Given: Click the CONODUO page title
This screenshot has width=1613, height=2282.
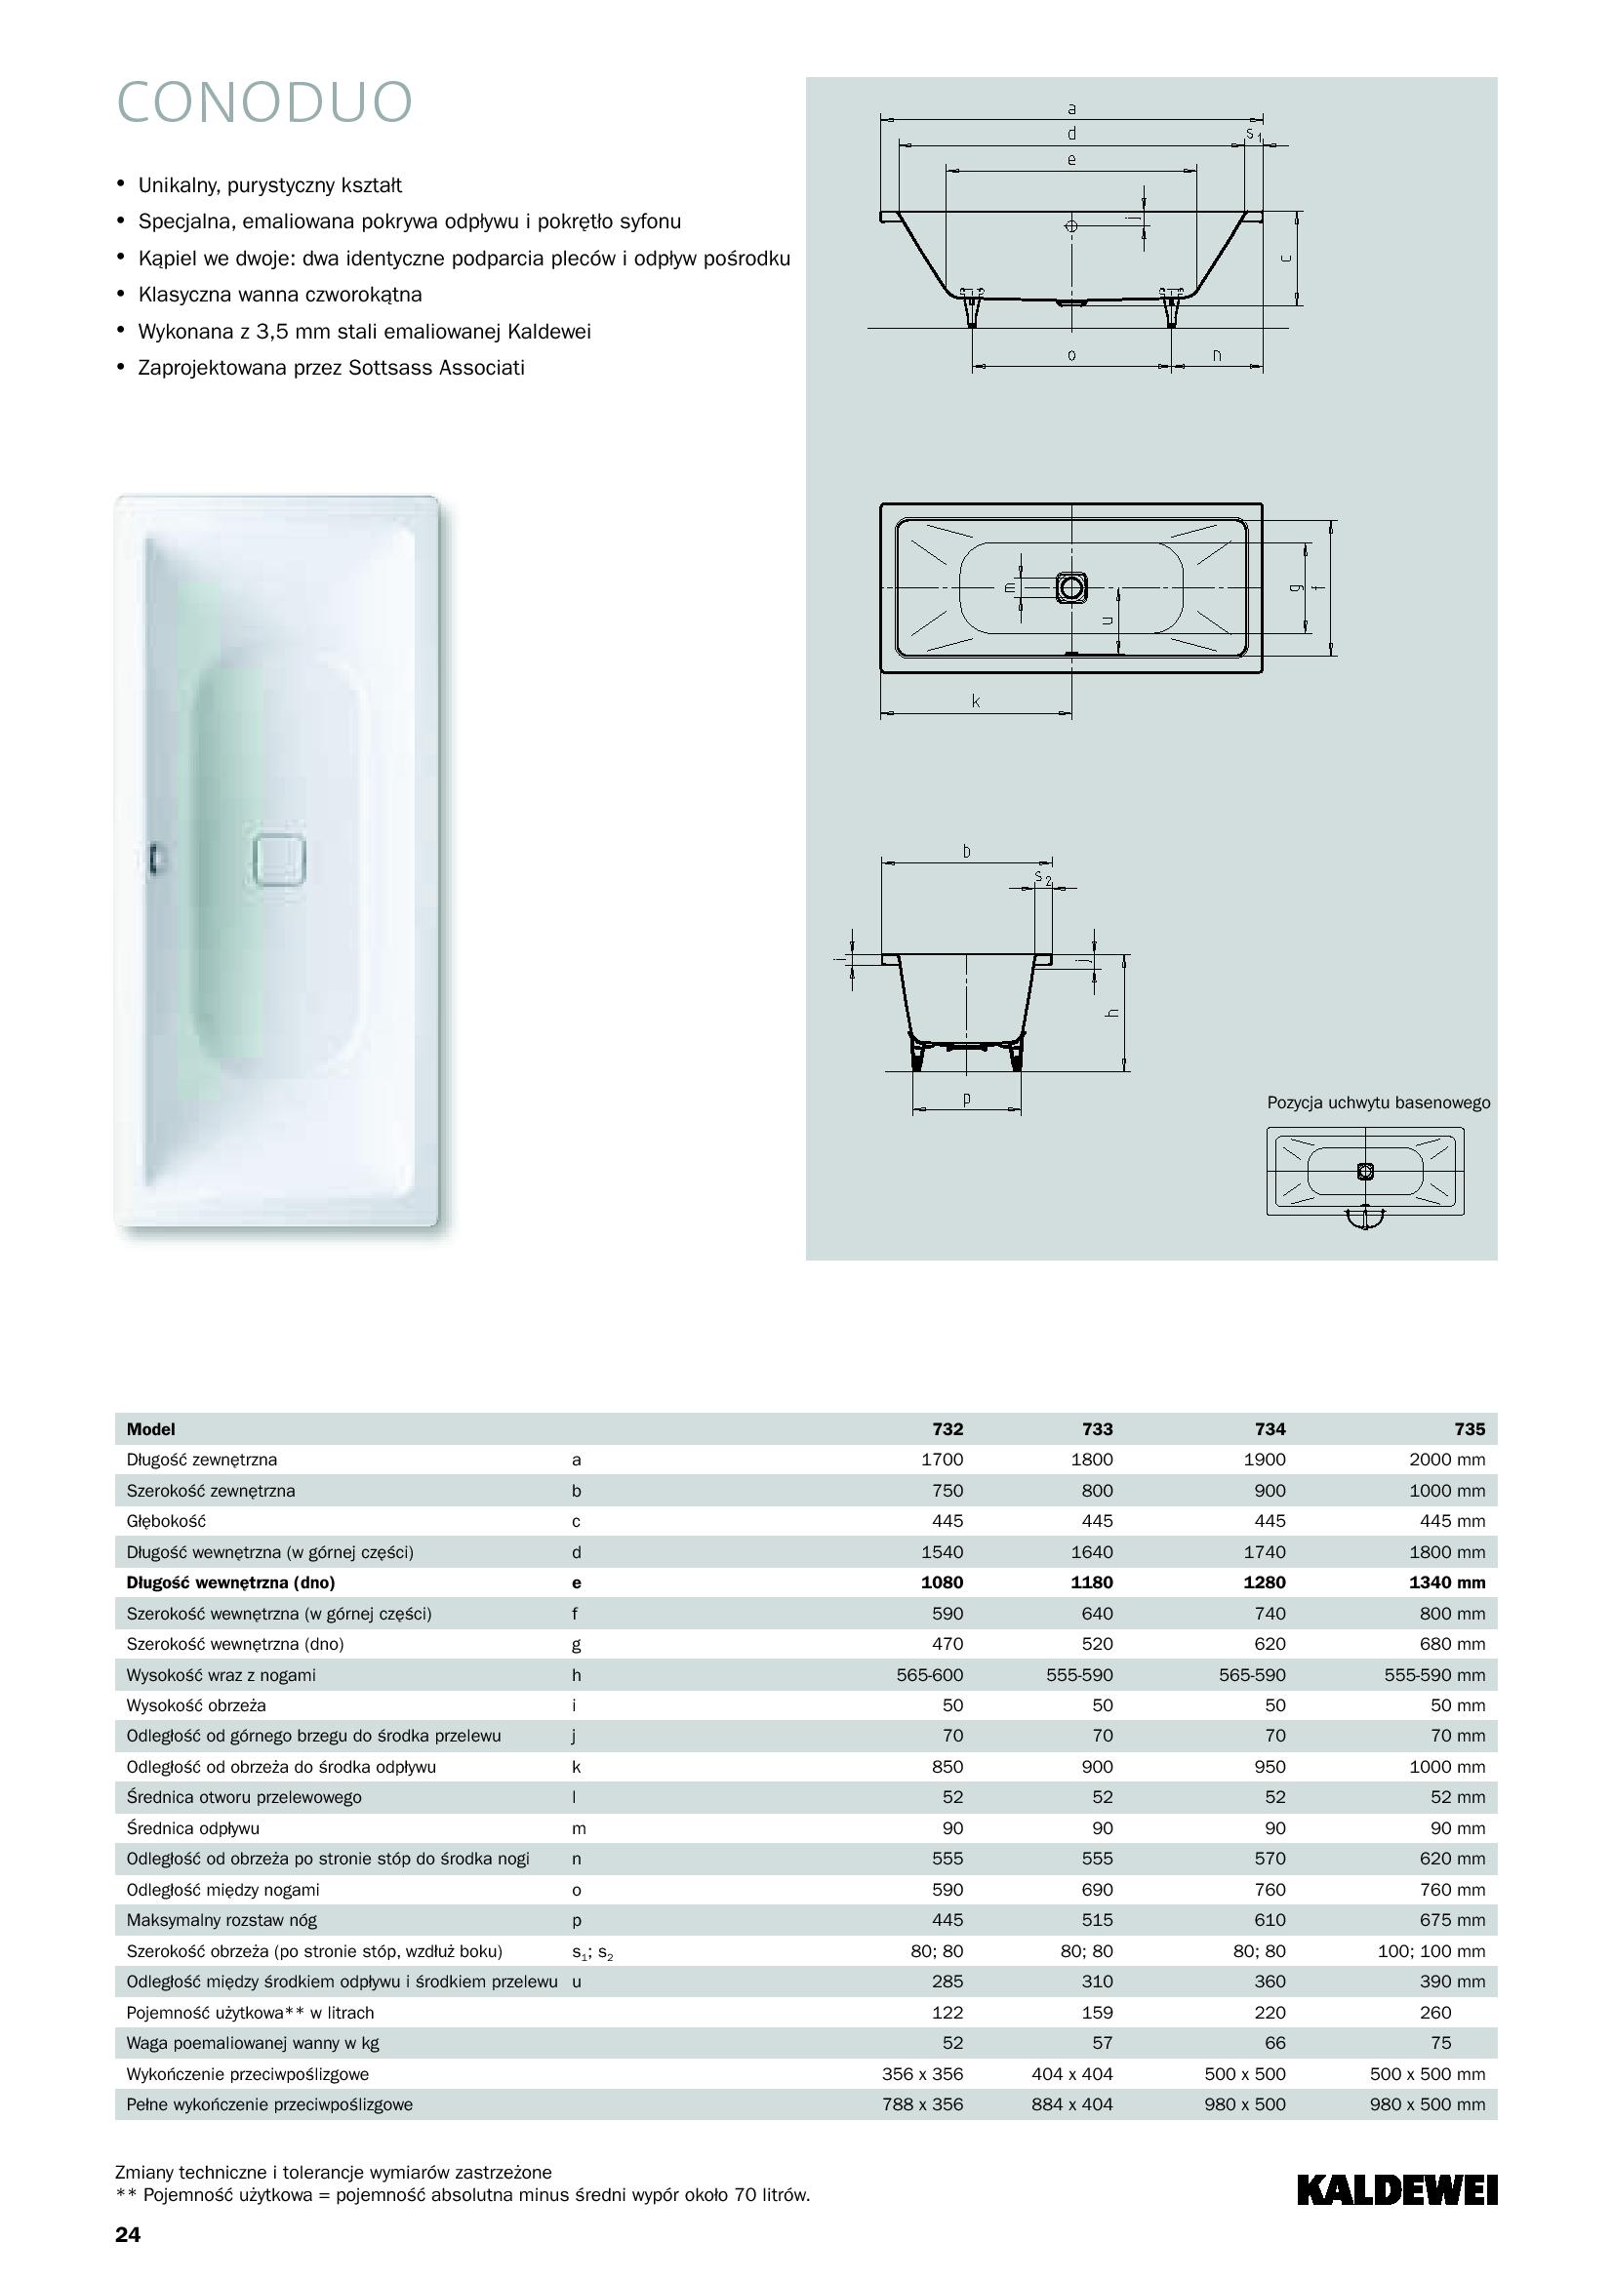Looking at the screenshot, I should (x=264, y=102).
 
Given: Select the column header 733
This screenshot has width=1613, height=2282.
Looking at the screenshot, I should (x=1097, y=1429).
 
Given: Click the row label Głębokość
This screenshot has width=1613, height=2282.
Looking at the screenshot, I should (x=166, y=1521).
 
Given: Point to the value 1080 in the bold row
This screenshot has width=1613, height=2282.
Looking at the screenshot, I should (x=943, y=1582).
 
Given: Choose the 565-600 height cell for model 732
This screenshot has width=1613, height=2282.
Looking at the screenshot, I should (x=929, y=1675).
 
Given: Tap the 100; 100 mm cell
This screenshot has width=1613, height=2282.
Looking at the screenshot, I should (x=1432, y=1951).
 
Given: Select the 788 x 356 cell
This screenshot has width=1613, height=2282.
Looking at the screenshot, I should (x=922, y=2104).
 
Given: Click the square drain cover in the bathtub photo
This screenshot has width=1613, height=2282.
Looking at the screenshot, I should (x=279, y=860).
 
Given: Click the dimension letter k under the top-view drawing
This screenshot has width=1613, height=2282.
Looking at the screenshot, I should (x=976, y=701).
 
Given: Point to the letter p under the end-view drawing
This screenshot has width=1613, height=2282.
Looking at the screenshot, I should (x=966, y=1099).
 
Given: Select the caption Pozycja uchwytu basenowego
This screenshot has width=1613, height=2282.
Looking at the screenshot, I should (x=1378, y=1103).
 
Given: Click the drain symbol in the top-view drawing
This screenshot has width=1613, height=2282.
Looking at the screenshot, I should (x=1071, y=588).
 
